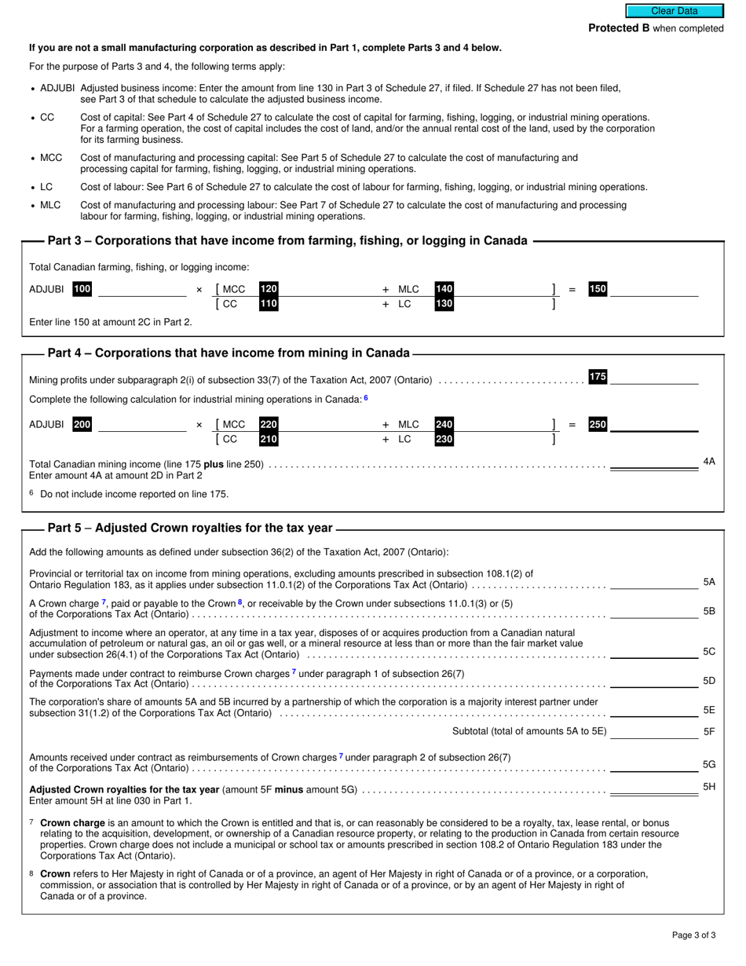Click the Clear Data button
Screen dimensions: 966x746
point(674,11)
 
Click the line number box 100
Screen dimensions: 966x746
point(82,289)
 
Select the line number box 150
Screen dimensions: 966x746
point(598,289)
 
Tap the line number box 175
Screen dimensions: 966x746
point(598,377)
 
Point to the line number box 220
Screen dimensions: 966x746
point(269,424)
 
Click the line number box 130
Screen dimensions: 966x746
point(444,304)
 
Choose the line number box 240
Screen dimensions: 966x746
point(444,424)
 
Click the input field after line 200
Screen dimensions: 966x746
point(142,424)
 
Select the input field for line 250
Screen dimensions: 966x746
point(654,424)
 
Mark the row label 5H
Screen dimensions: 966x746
point(708,786)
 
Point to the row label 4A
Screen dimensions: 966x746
point(708,462)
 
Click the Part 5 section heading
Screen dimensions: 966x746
point(190,528)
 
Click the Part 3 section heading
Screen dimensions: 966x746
point(287,240)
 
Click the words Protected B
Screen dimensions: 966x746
point(619,28)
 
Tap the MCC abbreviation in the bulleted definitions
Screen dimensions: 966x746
point(51,158)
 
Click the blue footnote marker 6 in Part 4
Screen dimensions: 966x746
point(365,398)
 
